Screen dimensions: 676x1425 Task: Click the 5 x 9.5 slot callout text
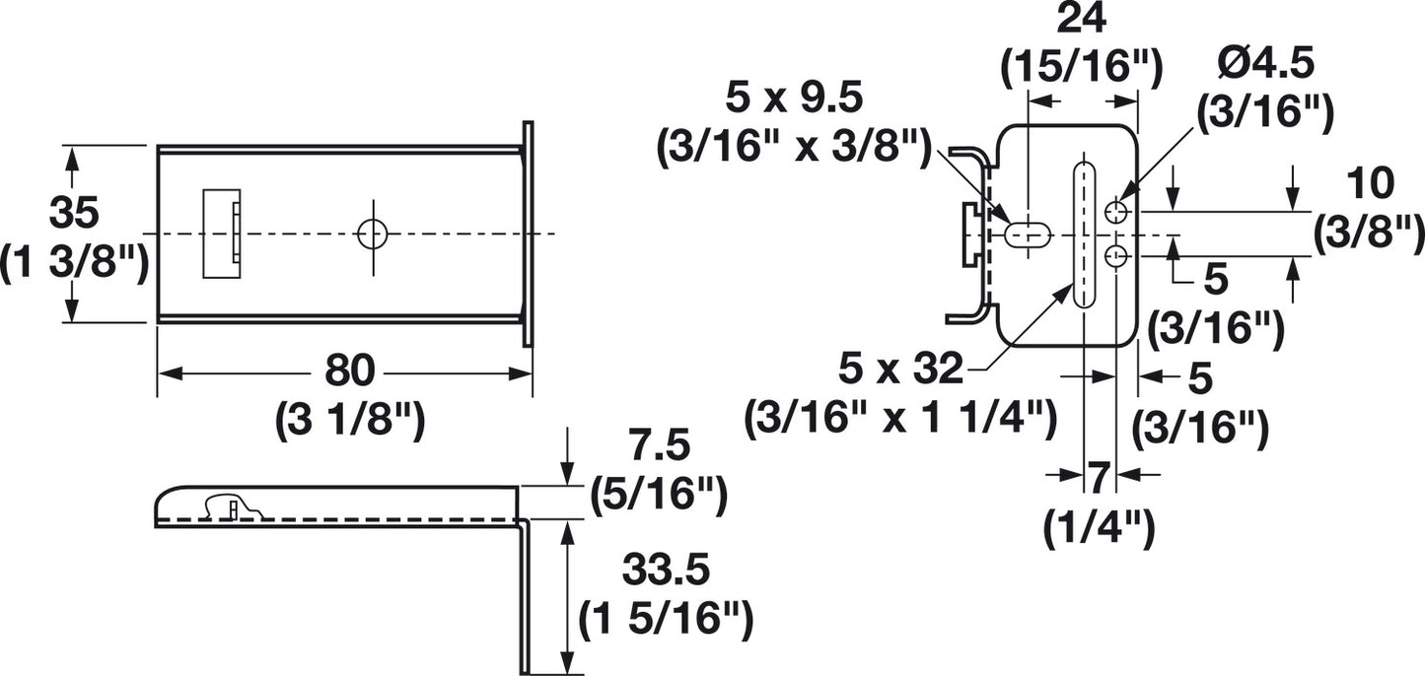coord(793,98)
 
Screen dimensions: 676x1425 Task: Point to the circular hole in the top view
coord(373,234)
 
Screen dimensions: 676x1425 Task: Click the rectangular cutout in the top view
coord(221,234)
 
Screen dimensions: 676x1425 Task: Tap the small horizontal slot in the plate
coord(1028,235)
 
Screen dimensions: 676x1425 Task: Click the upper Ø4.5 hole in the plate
coord(1116,211)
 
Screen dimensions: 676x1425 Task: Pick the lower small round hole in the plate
coord(1116,257)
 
